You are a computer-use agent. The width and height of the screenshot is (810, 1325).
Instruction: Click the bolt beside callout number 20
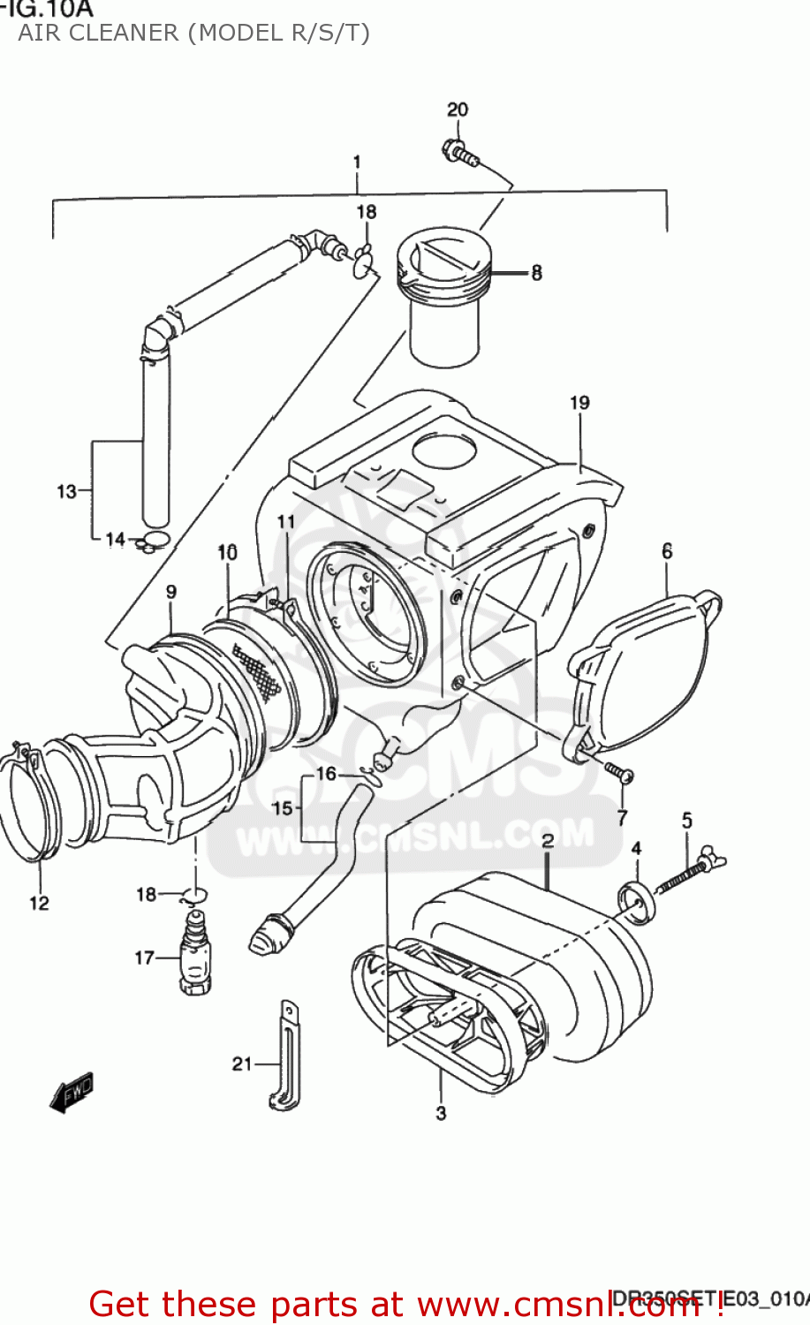(x=460, y=154)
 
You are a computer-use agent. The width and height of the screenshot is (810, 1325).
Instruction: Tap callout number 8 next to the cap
(x=536, y=273)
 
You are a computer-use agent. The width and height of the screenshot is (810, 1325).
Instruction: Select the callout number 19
(x=579, y=403)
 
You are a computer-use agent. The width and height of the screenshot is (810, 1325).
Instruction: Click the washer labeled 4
(x=637, y=902)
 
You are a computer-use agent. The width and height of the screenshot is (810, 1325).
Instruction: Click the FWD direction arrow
(x=72, y=1091)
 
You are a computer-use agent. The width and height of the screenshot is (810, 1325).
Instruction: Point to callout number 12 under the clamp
(x=39, y=903)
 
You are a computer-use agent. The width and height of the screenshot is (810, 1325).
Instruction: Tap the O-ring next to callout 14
(x=155, y=540)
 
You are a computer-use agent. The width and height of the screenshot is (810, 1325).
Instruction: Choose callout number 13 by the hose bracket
(x=67, y=491)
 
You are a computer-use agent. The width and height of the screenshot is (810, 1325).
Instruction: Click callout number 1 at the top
(x=357, y=163)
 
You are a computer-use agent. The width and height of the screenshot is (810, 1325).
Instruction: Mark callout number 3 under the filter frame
(x=441, y=1113)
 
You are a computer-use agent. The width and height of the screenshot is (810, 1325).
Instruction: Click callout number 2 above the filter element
(x=548, y=840)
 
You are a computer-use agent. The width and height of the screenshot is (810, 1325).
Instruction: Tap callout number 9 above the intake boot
(x=170, y=592)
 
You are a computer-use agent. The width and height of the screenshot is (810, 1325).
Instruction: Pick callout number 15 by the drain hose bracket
(x=282, y=807)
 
